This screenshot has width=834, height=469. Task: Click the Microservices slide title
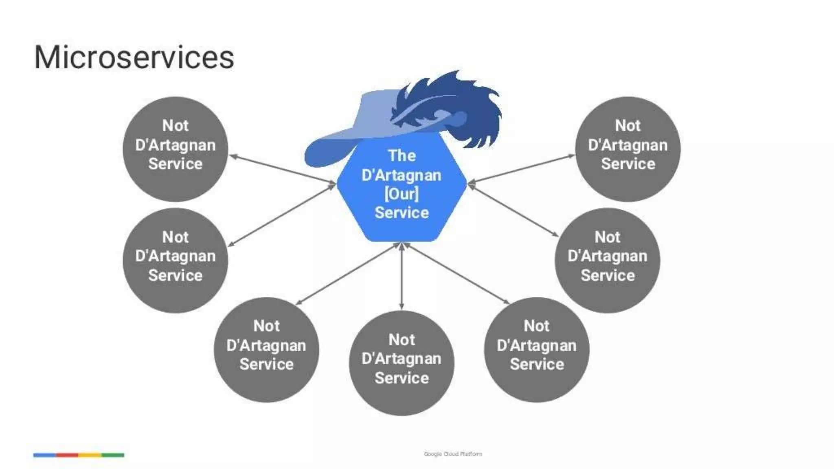pyautogui.click(x=134, y=57)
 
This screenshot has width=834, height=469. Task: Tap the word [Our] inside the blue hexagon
pyautogui.click(x=402, y=194)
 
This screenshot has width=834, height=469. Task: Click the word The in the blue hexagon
pyautogui.click(x=402, y=156)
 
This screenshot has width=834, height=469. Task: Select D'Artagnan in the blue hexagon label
pyautogui.click(x=402, y=175)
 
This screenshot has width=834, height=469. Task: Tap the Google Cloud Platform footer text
pyautogui.click(x=453, y=454)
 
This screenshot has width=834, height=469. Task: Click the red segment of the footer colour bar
pyautogui.click(x=67, y=455)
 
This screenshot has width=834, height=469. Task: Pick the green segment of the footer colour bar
pyautogui.click(x=113, y=455)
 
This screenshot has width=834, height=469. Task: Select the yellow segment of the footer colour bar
pyautogui.click(x=90, y=455)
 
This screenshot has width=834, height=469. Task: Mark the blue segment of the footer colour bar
pyautogui.click(x=44, y=455)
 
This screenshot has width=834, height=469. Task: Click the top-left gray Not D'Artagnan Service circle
pyautogui.click(x=175, y=149)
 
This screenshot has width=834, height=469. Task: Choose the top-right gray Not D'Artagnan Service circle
pyautogui.click(x=628, y=149)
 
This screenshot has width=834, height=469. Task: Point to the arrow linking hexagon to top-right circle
pyautogui.click(x=521, y=169)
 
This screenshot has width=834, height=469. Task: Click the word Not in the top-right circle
pyautogui.click(x=628, y=125)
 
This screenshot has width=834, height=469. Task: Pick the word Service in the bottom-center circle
pyautogui.click(x=402, y=378)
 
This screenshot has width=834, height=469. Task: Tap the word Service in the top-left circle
pyautogui.click(x=175, y=164)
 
